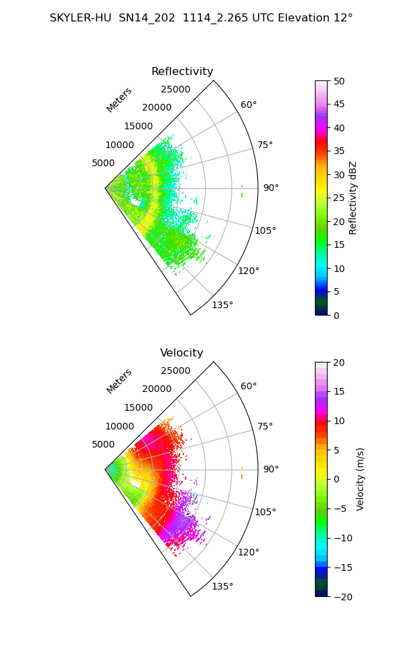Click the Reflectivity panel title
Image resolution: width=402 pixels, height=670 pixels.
(182, 72)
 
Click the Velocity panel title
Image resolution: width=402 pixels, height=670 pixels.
(182, 353)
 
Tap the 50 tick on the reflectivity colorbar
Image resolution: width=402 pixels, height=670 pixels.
(339, 81)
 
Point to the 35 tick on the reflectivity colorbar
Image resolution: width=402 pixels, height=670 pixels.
(339, 151)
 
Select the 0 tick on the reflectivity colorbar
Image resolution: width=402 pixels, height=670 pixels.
(336, 316)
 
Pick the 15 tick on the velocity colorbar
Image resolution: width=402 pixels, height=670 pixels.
(339, 392)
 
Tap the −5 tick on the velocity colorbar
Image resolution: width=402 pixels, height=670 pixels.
(340, 509)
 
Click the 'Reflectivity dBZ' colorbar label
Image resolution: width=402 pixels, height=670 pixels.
(352, 198)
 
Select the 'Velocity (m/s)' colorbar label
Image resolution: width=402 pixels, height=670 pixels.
(360, 480)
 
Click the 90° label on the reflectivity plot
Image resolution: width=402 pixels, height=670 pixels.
(271, 188)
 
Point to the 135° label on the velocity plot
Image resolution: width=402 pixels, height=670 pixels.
(222, 586)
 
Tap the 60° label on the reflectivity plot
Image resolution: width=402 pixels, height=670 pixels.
(249, 105)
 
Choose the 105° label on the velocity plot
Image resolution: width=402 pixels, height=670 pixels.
(265, 512)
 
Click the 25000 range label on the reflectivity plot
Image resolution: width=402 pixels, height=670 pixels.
(176, 89)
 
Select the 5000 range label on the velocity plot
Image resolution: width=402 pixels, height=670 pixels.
(103, 444)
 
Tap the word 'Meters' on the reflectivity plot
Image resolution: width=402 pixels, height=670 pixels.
(119, 100)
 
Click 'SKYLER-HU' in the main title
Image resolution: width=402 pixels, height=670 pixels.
(80, 18)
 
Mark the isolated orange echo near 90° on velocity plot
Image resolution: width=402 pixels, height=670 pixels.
(242, 473)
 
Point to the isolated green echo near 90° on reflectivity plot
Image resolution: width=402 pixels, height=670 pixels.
(242, 192)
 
